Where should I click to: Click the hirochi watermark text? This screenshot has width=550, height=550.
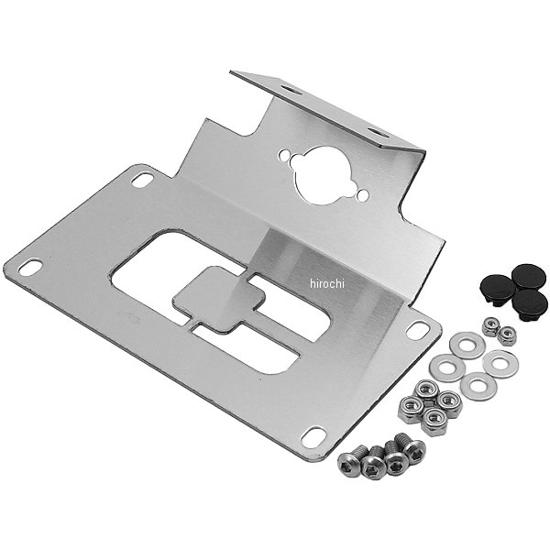(327, 284)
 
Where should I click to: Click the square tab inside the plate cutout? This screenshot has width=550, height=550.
(219, 299)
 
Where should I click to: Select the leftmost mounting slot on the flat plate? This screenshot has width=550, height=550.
(30, 267)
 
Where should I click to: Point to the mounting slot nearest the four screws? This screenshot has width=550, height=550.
(313, 437)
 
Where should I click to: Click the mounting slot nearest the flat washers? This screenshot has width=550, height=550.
(417, 330)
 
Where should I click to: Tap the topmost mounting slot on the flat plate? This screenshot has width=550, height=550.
(142, 180)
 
